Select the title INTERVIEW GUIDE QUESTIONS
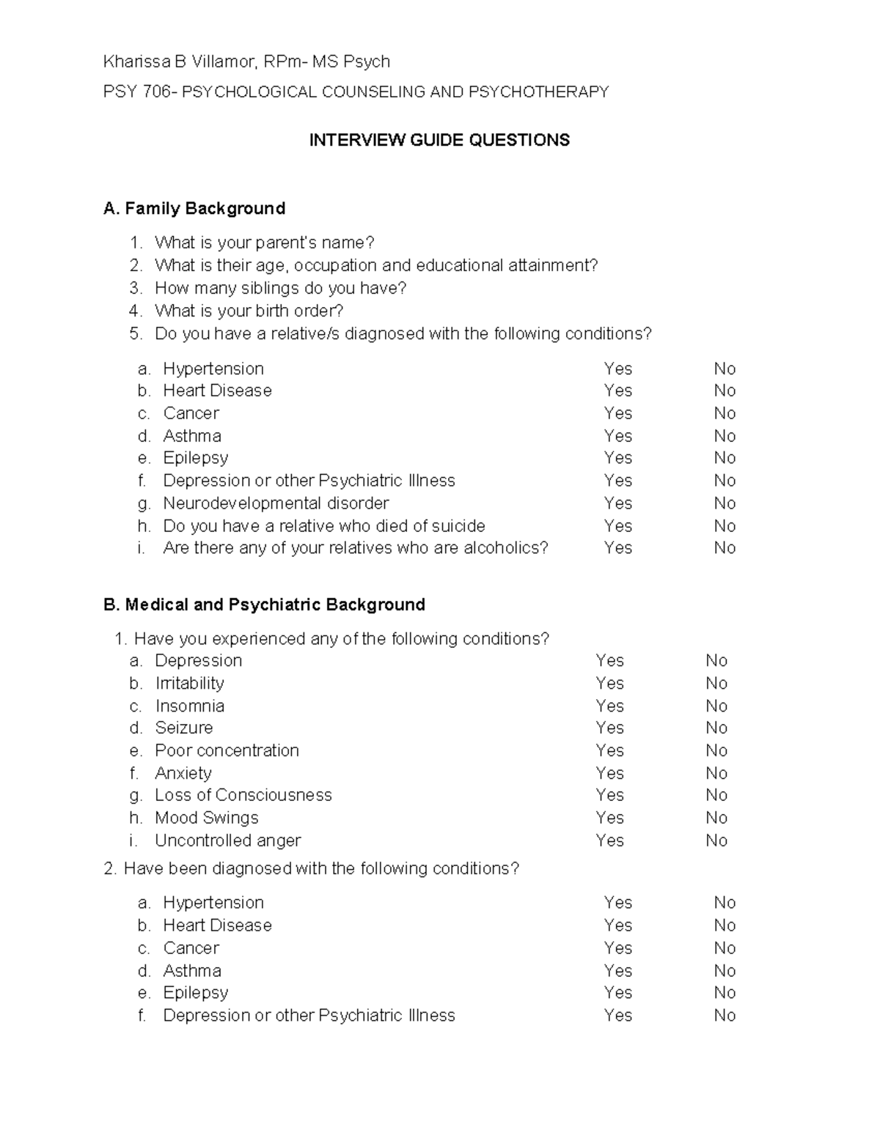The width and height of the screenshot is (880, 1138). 439,141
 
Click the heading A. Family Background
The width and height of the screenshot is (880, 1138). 194,209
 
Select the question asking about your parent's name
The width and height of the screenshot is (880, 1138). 264,243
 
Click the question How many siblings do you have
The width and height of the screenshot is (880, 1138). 280,288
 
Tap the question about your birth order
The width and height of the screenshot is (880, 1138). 249,311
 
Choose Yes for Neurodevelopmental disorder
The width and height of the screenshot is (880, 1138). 617,503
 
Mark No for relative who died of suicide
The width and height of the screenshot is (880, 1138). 725,526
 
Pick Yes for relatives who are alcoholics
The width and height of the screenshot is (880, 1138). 617,548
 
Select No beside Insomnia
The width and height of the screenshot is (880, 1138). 716,706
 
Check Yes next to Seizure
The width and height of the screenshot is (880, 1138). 609,728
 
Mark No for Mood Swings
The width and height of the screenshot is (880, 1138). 716,818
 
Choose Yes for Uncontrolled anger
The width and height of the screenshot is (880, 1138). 609,840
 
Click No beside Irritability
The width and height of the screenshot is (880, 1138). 716,684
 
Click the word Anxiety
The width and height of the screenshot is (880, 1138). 183,773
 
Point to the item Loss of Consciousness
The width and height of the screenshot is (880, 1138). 243,796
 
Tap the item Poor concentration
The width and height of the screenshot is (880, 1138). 227,751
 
